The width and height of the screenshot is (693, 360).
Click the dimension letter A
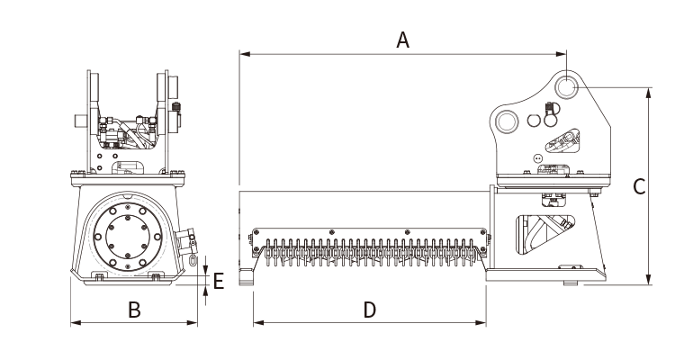click(x=402, y=40)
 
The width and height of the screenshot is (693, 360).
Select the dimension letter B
click(x=134, y=310)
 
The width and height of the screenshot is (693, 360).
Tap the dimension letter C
click(x=639, y=186)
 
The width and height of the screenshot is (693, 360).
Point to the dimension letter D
click(x=370, y=310)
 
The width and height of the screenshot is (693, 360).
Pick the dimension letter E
click(x=219, y=281)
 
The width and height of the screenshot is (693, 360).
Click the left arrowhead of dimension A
click(x=246, y=54)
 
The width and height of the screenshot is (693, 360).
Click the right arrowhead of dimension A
click(x=561, y=54)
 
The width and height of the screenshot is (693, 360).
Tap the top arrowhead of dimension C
click(x=648, y=94)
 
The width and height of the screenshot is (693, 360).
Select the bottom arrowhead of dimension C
click(x=648, y=279)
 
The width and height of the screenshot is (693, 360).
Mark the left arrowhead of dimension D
click(x=259, y=322)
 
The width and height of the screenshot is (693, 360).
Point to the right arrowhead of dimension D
click(x=481, y=322)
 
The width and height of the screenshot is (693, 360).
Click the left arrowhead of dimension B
click(x=76, y=322)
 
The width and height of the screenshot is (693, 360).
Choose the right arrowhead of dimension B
click(x=192, y=322)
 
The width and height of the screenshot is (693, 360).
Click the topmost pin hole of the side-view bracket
click(x=565, y=86)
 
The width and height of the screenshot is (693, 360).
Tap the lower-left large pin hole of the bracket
click(x=507, y=121)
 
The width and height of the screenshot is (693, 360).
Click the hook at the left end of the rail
click(x=247, y=276)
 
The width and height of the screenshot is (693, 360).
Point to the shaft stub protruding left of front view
click(x=81, y=121)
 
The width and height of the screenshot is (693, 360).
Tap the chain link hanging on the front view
click(x=193, y=260)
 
